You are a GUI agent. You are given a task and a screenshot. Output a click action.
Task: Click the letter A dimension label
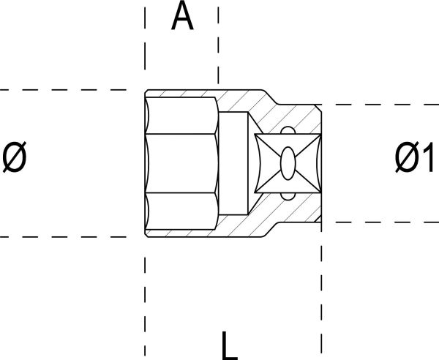coord(182,15)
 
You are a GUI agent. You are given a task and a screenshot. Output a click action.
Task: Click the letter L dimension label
coord(230,345)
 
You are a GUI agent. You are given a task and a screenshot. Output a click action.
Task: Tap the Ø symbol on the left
coord(15,157)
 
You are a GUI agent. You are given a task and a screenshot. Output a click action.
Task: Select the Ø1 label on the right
coord(415,157)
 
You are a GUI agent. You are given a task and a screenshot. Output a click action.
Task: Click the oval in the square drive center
coord(288,163)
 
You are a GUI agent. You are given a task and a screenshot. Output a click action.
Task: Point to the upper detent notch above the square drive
coord(288,130)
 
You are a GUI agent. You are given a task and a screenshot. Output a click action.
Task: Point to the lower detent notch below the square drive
coord(288,197)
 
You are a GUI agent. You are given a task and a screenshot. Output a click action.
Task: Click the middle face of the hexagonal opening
coord(182,163)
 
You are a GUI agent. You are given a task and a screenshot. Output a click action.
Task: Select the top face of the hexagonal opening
coord(182,116)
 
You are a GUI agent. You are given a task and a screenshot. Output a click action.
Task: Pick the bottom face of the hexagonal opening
coord(182,211)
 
